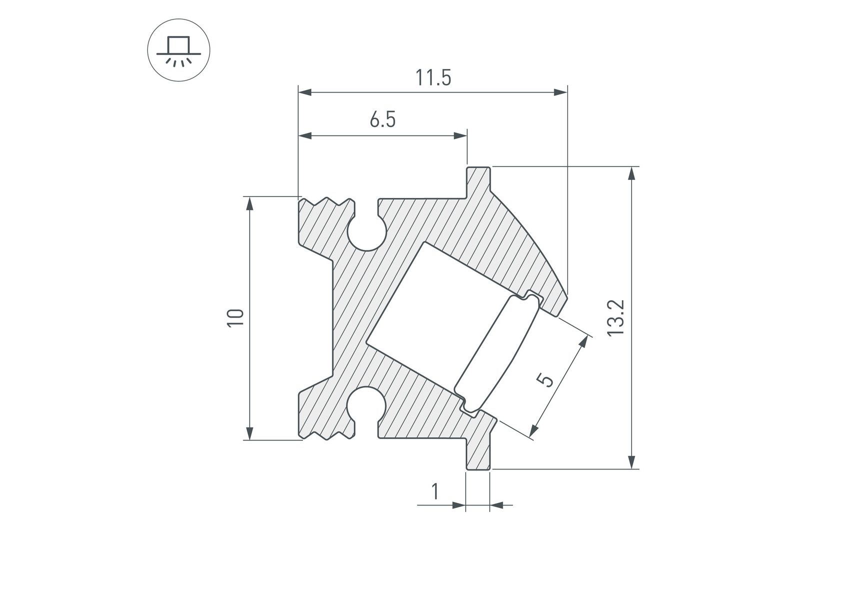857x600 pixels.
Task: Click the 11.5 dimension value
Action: pyautogui.click(x=433, y=78)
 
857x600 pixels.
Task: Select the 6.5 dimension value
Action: pyautogui.click(x=383, y=120)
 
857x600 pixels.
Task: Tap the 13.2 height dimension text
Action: pyautogui.click(x=616, y=318)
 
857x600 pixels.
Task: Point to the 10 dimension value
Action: pyautogui.click(x=235, y=318)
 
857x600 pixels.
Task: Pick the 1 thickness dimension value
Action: pyautogui.click(x=435, y=491)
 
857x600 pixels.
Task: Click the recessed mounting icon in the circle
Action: pyautogui.click(x=178, y=50)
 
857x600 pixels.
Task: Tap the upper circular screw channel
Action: pyautogui.click(x=367, y=232)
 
